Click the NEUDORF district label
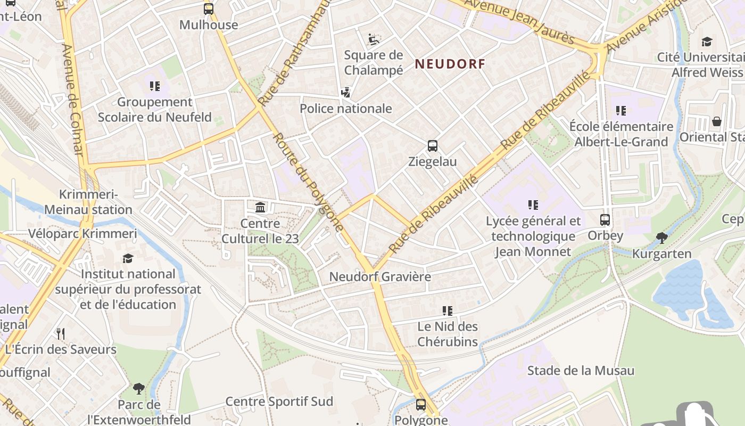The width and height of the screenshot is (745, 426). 450,64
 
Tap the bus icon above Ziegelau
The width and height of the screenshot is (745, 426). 433,145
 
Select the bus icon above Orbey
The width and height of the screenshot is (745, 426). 605,219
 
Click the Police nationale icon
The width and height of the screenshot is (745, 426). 346,93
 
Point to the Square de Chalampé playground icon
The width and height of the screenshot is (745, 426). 374,39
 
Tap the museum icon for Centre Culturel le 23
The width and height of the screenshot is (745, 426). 260,207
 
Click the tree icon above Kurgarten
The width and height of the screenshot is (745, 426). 661,237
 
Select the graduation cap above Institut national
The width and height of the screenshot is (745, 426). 128,258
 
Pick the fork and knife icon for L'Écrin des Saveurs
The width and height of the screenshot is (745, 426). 61,334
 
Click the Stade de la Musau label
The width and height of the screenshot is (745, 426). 581,371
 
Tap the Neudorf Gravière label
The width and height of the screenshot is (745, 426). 380,277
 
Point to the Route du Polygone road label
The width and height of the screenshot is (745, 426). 309,182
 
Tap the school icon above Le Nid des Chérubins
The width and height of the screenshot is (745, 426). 448,310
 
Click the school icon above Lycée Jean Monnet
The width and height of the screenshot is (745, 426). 533,204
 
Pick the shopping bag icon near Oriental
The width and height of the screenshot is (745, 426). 717,121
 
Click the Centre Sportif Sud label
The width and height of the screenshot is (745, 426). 279,402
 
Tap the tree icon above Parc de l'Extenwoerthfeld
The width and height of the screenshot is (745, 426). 139,388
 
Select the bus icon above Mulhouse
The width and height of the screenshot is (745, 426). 209,9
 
